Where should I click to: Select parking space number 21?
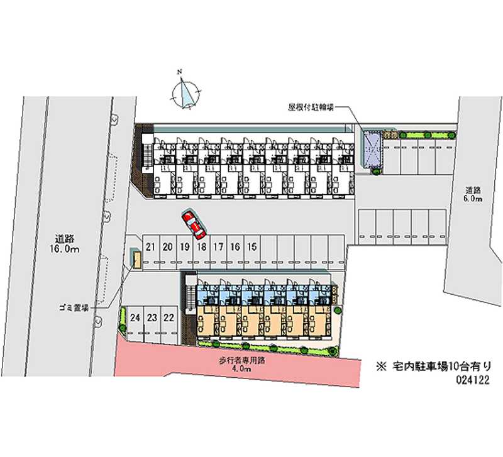pyautogui.click(x=150, y=247)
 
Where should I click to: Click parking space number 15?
pyautogui.click(x=251, y=247)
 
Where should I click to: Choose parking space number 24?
pyautogui.click(x=135, y=318)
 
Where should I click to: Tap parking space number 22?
pyautogui.click(x=169, y=318)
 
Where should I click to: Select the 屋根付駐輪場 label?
pyautogui.click(x=311, y=107)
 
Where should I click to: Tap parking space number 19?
pyautogui.click(x=184, y=247)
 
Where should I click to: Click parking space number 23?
pyautogui.click(x=152, y=318)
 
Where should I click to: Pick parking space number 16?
pyautogui.click(x=235, y=247)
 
